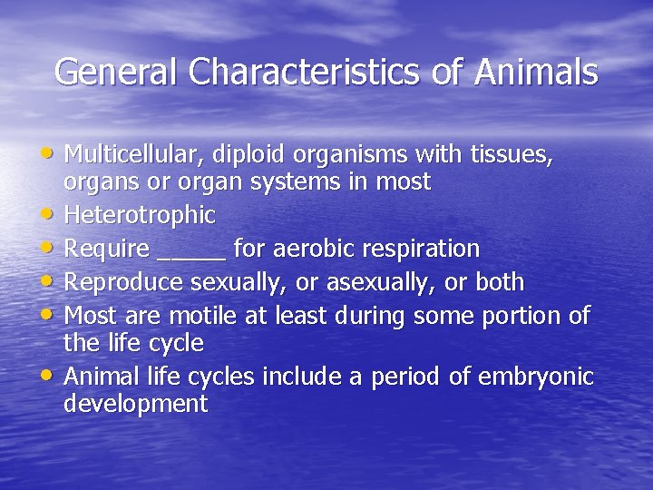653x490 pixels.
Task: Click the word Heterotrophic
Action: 140,216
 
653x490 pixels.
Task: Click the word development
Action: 136,404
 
